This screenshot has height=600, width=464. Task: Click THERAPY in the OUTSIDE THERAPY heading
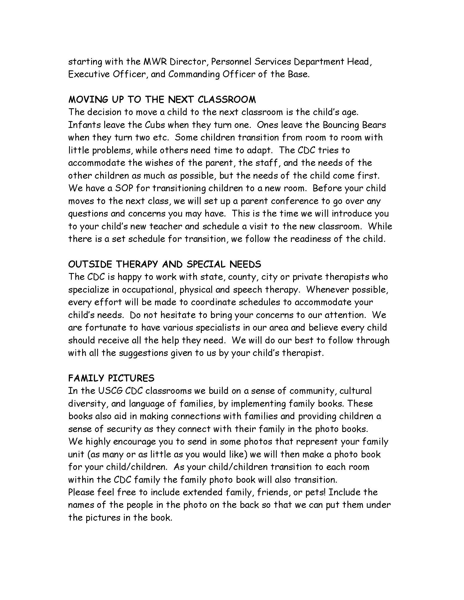(137, 264)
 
